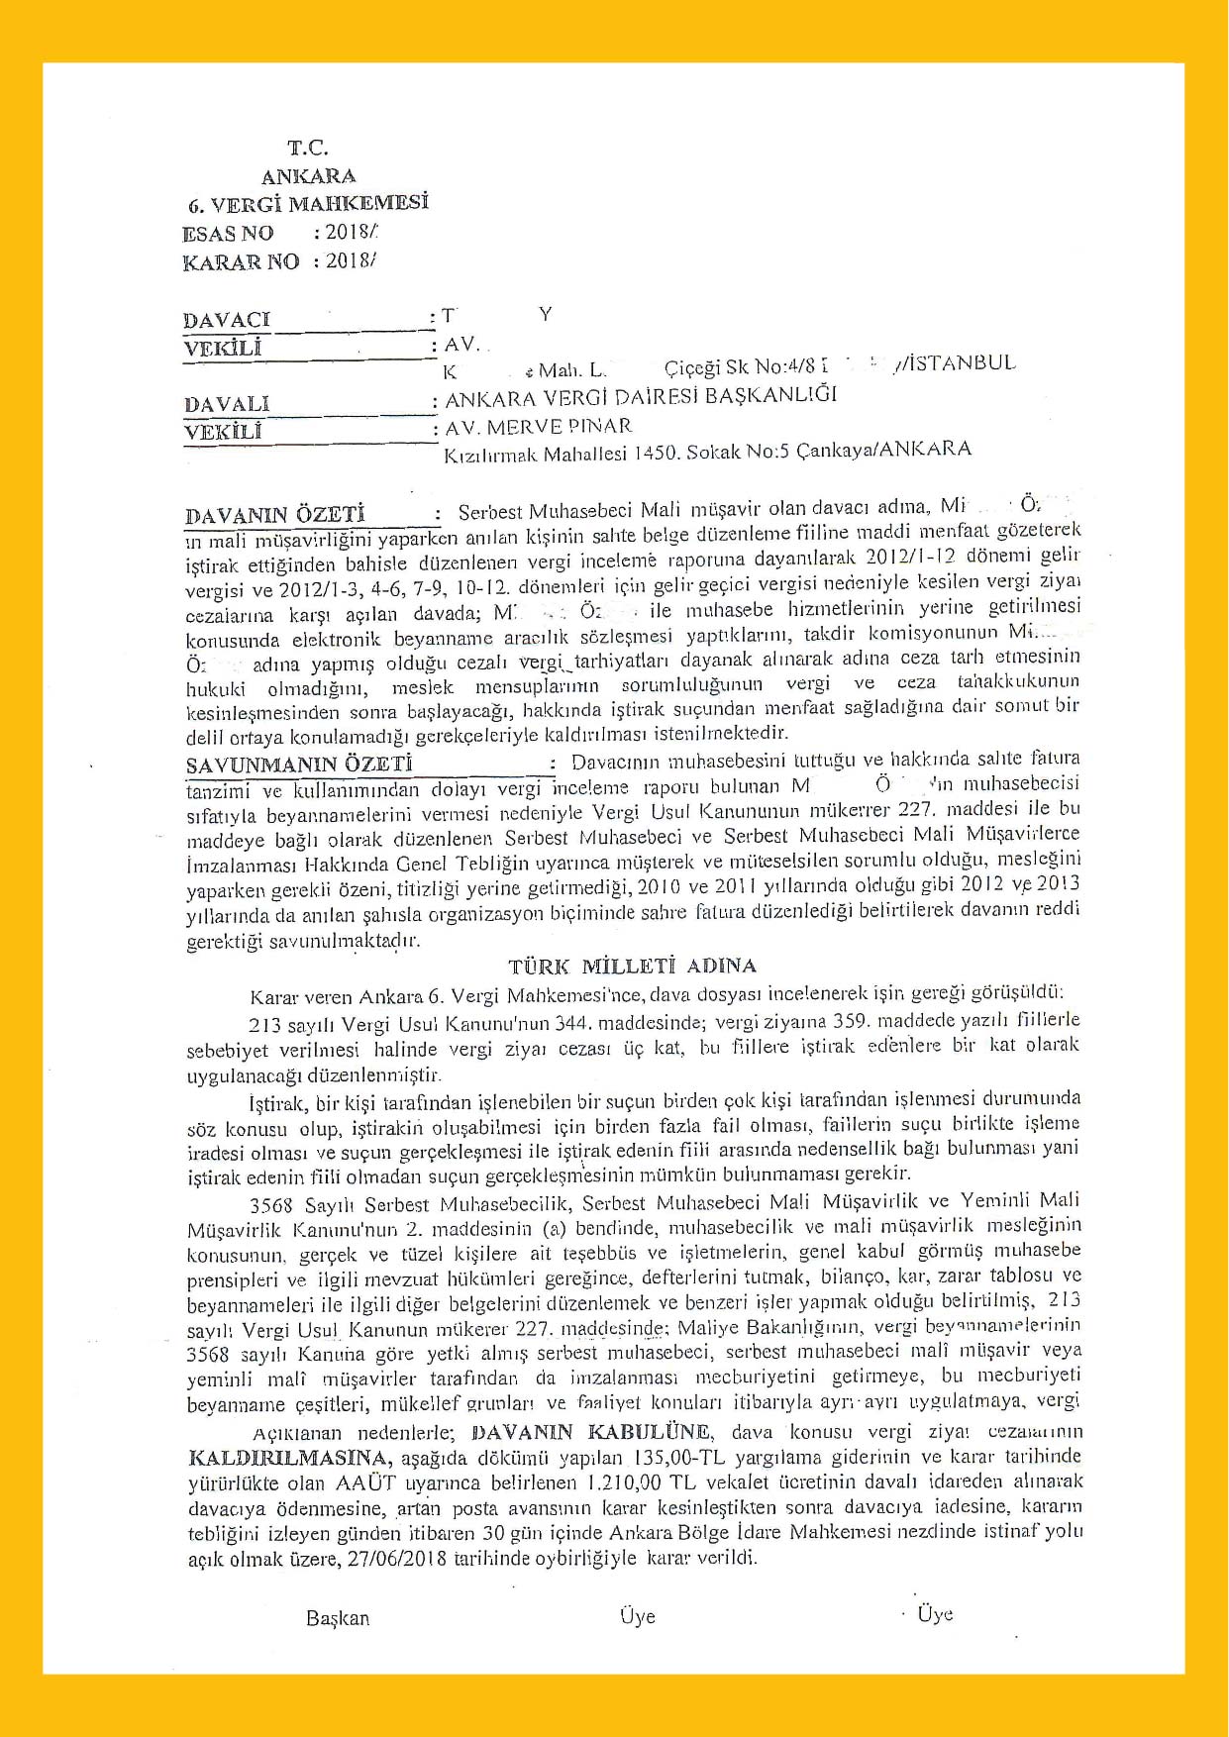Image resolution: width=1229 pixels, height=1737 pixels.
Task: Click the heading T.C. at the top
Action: coord(307,149)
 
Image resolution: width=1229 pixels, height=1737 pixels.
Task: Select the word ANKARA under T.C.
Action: coord(308,177)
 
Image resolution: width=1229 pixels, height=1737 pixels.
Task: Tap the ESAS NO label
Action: coord(228,234)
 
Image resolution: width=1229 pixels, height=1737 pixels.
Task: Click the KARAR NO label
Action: coord(241,262)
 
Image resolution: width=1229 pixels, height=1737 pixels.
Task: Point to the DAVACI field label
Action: coord(226,320)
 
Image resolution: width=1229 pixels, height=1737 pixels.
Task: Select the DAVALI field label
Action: coord(226,404)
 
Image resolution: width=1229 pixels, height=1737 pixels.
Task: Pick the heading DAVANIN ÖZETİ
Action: coord(274,515)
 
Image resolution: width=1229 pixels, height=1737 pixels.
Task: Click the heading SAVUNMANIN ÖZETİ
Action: coord(298,765)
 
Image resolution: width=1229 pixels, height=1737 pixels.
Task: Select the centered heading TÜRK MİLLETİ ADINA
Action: coord(632,966)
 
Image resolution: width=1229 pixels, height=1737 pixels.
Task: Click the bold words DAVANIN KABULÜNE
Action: coord(591,1431)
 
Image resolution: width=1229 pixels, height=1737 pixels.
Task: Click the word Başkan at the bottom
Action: coord(338,1618)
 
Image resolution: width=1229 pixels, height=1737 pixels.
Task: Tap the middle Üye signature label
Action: coord(637,1616)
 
